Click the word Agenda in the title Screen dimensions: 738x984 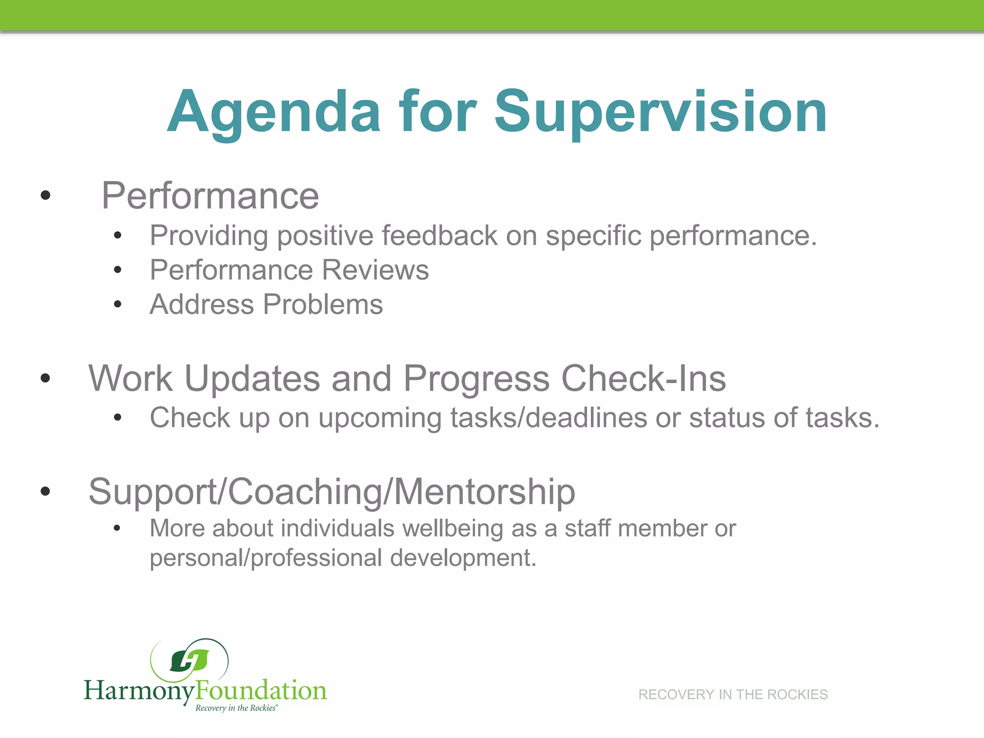pyautogui.click(x=274, y=113)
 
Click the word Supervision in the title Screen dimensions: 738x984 pyautogui.click(x=660, y=113)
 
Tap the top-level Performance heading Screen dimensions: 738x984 pyautogui.click(x=210, y=196)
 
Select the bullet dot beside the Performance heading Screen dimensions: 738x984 pyautogui.click(x=46, y=195)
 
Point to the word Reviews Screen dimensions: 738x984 pyautogui.click(x=375, y=270)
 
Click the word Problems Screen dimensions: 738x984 pyautogui.click(x=323, y=305)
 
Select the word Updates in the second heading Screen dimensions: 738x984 pyautogui.click(x=252, y=379)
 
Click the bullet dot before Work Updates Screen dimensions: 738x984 pyautogui.click(x=46, y=378)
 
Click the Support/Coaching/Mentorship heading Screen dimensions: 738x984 pyautogui.click(x=332, y=492)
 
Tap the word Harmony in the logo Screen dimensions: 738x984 pyautogui.click(x=139, y=691)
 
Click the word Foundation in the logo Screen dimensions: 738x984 pyautogui.click(x=261, y=691)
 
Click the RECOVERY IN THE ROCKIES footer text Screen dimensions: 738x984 pyautogui.click(x=732, y=695)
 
